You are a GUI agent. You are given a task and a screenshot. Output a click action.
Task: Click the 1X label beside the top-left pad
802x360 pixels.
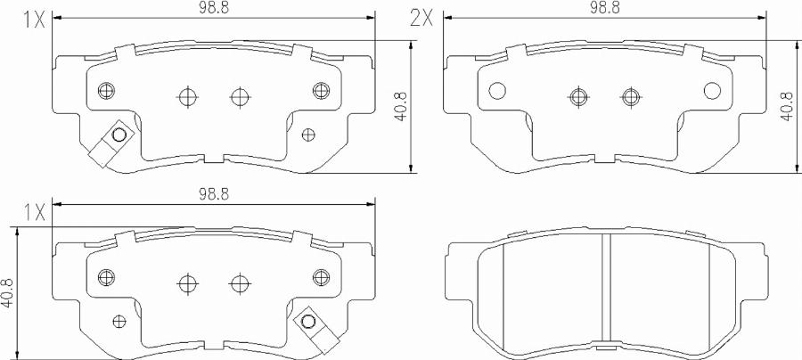(34, 20)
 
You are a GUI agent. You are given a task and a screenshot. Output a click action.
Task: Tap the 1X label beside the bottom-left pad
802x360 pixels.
(34, 211)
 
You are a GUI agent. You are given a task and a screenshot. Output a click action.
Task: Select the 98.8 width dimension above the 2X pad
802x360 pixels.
(604, 8)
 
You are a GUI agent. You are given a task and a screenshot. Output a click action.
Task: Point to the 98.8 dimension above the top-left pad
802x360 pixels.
(214, 8)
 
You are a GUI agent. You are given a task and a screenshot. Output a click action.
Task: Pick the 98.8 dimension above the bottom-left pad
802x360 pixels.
(214, 193)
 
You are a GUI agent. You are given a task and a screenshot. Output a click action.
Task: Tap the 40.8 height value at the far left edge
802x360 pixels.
(8, 293)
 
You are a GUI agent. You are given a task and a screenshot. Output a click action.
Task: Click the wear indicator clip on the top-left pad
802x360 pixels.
(111, 143)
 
